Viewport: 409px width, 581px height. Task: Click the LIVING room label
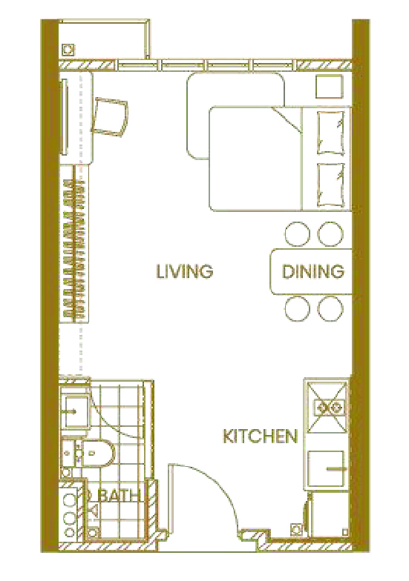(184, 271)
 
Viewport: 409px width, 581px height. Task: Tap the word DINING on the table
(313, 271)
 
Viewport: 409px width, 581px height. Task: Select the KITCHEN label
(260, 436)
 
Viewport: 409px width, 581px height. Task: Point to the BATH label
(120, 495)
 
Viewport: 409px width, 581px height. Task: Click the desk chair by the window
(110, 116)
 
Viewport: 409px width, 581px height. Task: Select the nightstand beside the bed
(329, 86)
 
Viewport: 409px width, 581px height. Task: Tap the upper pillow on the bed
(330, 133)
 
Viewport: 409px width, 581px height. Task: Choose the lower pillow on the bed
(330, 185)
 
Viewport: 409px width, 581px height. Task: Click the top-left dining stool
(297, 234)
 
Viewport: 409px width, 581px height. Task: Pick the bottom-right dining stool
(330, 309)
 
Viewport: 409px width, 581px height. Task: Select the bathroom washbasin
(74, 411)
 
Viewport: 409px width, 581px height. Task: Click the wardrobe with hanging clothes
(76, 245)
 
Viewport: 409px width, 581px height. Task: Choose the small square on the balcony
(68, 49)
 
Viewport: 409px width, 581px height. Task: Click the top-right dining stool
(330, 234)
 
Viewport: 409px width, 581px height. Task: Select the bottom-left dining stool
(297, 309)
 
